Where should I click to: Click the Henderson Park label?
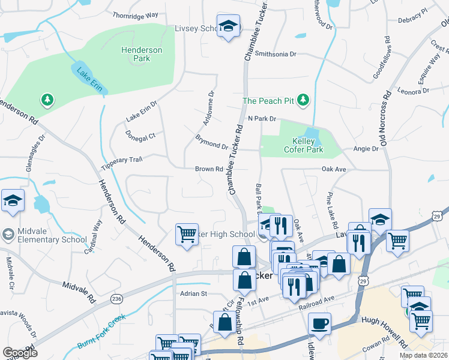pos(141,55)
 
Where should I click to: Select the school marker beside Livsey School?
pos(228,27)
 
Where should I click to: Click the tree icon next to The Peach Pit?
pos(304,100)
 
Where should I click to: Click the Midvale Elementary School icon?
pos(8,233)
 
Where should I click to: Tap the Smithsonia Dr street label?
pos(276,54)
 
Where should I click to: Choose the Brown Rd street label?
pos(209,169)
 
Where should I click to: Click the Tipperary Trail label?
pos(122,160)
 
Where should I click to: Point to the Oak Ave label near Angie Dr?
pos(334,170)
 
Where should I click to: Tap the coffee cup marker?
pos(319,324)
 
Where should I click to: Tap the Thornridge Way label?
pos(136,14)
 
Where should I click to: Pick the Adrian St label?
pos(193,294)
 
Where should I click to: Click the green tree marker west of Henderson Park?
pos(46,99)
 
